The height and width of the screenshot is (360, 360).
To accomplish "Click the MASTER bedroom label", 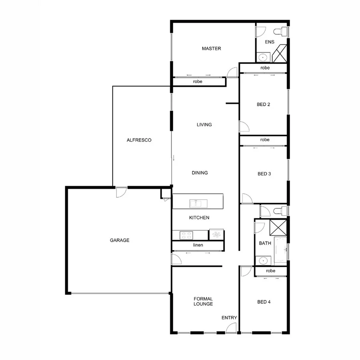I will tap(211, 48).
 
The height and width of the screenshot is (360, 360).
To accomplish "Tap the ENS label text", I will tap(270, 42).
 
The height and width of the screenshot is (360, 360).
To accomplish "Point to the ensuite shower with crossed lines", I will tap(280, 53).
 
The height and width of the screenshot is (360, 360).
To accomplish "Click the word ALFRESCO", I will tap(139, 140).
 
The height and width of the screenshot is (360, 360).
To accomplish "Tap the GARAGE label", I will tap(120, 240).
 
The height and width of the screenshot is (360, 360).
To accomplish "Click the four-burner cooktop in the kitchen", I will tap(186, 235).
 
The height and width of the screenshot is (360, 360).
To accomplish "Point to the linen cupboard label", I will tap(197, 245).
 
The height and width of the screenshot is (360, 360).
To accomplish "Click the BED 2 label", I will tap(263, 105).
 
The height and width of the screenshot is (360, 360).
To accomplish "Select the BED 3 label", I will tap(264, 174).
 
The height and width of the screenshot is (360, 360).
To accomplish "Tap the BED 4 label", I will tap(264, 302).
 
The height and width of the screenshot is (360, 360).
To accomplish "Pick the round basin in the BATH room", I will tap(263, 261).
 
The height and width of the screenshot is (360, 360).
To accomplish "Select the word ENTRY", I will tap(229, 318).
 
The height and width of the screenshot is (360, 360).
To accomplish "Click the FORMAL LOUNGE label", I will tap(203, 301).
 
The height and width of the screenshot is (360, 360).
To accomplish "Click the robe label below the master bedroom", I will tap(198, 82).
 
